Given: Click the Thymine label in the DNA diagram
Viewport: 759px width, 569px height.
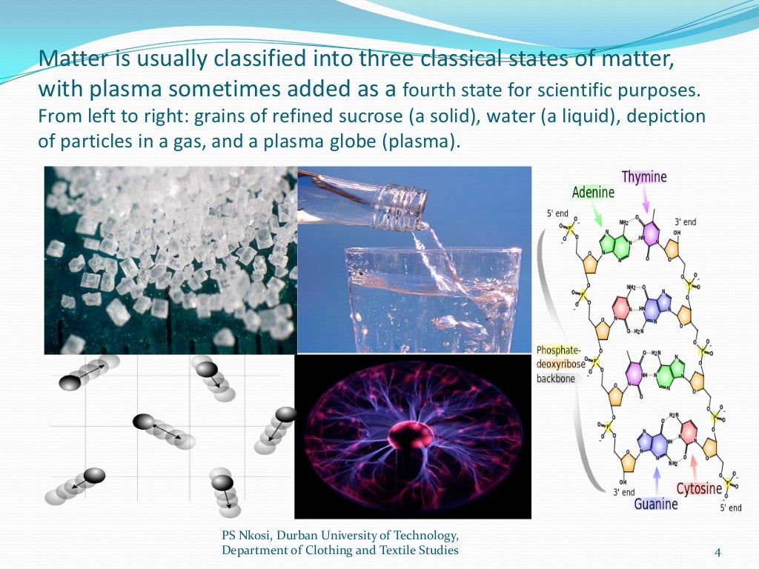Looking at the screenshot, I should coord(644,176).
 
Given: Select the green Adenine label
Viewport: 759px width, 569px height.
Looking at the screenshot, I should coord(593,192).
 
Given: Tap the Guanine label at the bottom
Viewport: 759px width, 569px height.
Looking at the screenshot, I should coord(655,504).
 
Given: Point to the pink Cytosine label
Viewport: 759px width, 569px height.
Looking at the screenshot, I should coord(698,489).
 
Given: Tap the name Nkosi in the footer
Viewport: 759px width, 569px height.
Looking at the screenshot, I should coord(256,535).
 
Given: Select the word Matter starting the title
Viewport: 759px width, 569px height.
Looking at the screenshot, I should coord(64,58).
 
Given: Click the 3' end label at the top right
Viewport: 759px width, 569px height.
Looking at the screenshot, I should coord(685,222).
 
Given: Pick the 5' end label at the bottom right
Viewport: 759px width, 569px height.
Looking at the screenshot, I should coord(730,508).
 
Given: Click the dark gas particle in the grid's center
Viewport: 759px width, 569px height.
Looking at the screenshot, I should coord(144,422).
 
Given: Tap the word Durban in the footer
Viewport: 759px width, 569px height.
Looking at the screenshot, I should coord(303,535).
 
